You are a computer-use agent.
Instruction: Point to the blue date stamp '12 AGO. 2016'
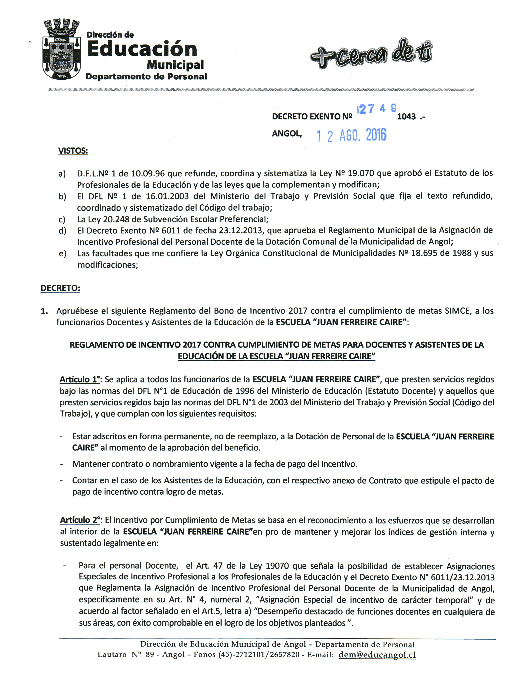tap(351, 135)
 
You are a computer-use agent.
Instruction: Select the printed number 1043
tap(406, 117)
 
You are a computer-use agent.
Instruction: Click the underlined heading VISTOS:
tap(73, 151)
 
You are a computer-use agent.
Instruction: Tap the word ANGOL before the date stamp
tap(286, 134)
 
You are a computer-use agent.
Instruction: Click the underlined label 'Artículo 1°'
tap(80, 380)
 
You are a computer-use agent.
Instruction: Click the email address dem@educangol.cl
tap(377, 654)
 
